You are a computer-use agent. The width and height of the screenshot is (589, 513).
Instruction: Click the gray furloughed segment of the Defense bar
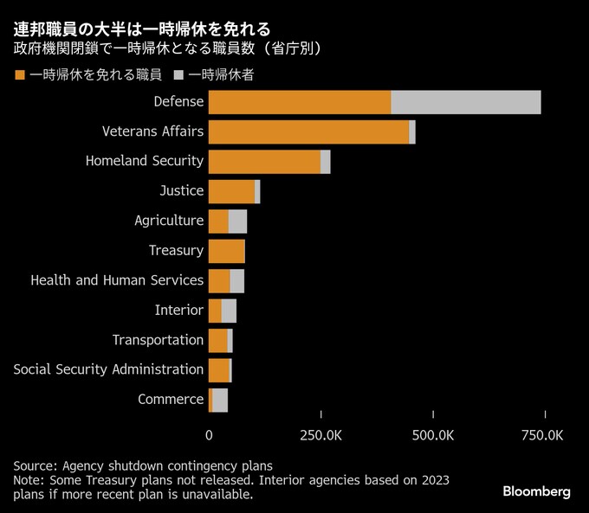466,102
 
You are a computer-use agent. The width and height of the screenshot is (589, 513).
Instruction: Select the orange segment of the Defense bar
300,102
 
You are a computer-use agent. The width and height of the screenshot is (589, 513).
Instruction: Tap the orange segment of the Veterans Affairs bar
308,131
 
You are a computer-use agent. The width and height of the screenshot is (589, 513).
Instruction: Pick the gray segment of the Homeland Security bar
326,162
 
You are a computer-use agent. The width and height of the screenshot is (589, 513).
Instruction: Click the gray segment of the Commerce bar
220,400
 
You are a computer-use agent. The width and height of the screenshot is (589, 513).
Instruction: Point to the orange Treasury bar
227,251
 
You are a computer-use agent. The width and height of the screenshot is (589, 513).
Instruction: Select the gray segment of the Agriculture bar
238,221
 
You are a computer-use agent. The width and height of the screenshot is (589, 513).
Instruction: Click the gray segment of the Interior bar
229,311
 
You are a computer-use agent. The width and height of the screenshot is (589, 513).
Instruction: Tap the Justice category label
181,190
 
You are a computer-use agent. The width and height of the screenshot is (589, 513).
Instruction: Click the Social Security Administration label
108,369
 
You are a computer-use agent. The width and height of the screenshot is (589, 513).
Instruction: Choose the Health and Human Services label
117,280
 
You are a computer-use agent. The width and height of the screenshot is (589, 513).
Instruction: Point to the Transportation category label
158,340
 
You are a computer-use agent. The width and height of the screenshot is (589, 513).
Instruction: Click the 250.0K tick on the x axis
320,435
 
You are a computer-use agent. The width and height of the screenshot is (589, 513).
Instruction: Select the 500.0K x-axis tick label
432,435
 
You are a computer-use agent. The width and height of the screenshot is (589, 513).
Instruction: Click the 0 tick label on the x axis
209,435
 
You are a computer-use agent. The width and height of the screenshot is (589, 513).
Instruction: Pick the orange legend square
19,75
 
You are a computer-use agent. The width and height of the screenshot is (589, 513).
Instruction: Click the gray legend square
178,75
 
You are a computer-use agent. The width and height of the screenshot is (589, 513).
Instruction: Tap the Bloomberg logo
536,491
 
